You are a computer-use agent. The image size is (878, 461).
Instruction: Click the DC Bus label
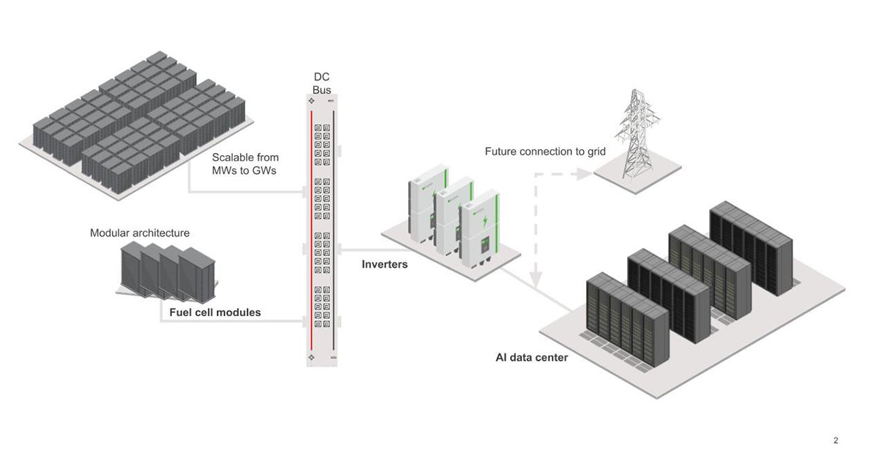tap(321, 83)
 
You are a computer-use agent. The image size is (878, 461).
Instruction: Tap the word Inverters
tap(384, 264)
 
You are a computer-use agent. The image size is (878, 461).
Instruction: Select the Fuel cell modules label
tap(215, 312)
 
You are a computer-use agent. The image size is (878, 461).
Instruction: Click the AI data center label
tap(531, 358)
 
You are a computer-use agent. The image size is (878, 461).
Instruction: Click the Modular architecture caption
tap(140, 233)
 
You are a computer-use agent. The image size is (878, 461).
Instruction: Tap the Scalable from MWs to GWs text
tap(245, 163)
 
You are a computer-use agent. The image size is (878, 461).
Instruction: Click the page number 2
tap(836, 440)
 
